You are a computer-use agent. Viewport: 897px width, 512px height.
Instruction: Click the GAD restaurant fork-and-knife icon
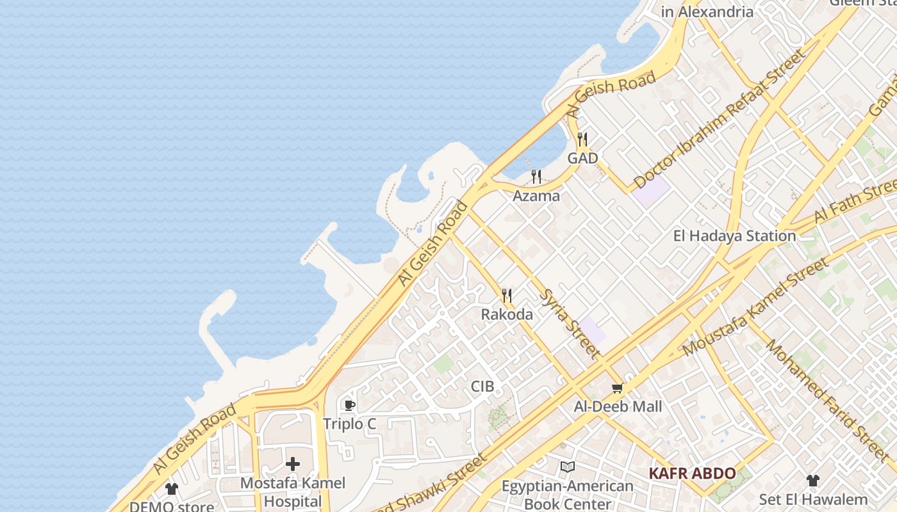coord(582,139)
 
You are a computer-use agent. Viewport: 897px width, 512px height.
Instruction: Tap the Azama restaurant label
coord(536,196)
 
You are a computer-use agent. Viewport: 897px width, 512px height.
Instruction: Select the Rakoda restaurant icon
coord(507,296)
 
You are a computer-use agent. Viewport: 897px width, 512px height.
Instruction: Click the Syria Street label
coord(571,324)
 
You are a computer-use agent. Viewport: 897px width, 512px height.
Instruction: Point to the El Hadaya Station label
coord(734,236)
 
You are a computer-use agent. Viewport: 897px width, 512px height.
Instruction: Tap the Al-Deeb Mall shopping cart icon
coord(618,388)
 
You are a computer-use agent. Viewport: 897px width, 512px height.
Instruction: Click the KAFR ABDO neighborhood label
coord(692,474)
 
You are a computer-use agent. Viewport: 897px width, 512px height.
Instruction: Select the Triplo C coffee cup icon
coord(350,405)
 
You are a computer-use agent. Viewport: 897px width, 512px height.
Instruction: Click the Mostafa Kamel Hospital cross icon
coord(293,464)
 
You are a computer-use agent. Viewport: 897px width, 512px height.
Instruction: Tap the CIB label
coord(482,387)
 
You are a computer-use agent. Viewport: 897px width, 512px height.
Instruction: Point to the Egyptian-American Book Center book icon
coord(568,467)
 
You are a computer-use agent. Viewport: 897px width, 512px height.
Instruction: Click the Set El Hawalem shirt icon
coord(813,481)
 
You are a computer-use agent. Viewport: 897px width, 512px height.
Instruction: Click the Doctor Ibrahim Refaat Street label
coord(719,119)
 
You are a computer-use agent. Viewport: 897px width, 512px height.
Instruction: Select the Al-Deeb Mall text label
coord(618,406)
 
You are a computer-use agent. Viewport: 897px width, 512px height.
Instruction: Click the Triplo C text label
coord(349,424)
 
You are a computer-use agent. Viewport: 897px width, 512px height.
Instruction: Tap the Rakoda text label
coord(507,314)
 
